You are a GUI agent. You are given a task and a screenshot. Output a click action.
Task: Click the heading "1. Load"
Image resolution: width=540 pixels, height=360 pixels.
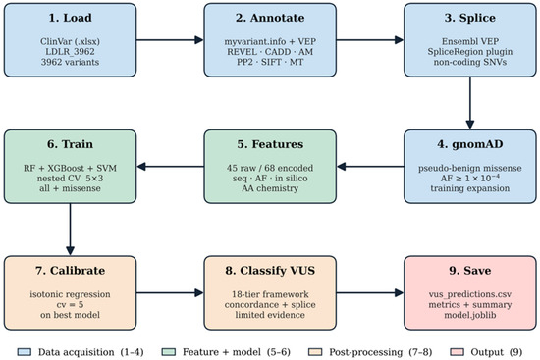pyautogui.click(x=71, y=18)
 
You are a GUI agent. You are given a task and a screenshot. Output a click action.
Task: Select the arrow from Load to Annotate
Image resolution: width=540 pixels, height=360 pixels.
pyautogui.click(x=170, y=40)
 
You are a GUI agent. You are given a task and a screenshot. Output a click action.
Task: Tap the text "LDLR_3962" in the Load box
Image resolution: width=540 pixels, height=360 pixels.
pyautogui.click(x=71, y=52)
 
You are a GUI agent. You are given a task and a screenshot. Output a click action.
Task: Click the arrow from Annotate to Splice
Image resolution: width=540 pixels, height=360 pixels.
pyautogui.click(x=370, y=40)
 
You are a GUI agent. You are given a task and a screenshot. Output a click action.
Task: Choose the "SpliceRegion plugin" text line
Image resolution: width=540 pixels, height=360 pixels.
pyautogui.click(x=470, y=52)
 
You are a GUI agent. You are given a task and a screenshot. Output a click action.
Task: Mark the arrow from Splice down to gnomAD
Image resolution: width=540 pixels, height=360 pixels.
pyautogui.click(x=470, y=103)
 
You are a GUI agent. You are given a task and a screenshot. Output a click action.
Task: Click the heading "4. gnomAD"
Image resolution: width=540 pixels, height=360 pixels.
pyautogui.click(x=470, y=144)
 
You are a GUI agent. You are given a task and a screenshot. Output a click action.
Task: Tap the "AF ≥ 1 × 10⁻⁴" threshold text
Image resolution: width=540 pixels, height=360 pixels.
pyautogui.click(x=470, y=178)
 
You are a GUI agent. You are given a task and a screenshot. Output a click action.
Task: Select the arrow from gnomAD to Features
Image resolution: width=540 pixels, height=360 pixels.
pyautogui.click(x=370, y=167)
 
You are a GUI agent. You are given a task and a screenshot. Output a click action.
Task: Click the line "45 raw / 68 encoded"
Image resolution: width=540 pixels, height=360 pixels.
pyautogui.click(x=270, y=168)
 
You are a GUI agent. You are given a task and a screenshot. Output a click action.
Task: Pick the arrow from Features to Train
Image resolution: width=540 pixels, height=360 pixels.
pyautogui.click(x=171, y=167)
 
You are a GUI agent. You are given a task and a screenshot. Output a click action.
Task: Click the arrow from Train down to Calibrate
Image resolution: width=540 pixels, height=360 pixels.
pyautogui.click(x=71, y=230)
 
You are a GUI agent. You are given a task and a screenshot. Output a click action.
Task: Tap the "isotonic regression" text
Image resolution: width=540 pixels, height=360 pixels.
pyautogui.click(x=71, y=294)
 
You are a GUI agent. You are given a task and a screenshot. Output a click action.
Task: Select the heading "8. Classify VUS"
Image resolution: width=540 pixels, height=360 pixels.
pyautogui.click(x=270, y=270)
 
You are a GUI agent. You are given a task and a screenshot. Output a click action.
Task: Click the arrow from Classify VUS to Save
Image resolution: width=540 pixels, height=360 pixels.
pyautogui.click(x=370, y=293)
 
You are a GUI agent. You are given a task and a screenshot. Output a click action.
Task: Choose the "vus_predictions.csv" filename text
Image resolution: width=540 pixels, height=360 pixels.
pyautogui.click(x=470, y=294)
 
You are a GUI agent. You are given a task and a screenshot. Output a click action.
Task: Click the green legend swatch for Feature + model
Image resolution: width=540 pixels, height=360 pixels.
pyautogui.click(x=169, y=352)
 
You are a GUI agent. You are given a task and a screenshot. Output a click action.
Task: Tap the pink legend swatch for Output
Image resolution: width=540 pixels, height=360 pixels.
pyautogui.click(x=457, y=352)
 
